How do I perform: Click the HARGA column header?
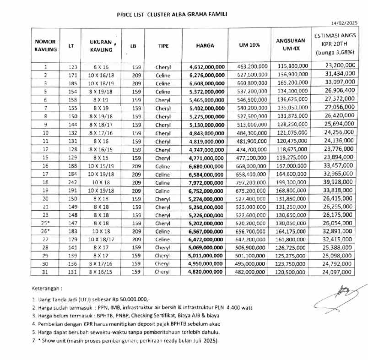coord(205,45)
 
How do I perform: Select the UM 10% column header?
coord(249,45)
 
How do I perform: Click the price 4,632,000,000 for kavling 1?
coord(207,67)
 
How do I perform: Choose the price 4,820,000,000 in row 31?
coord(207,272)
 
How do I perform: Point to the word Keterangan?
coord(47,289)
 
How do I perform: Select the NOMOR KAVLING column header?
coord(45,45)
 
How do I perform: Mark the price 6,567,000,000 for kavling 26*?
coord(207,231)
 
